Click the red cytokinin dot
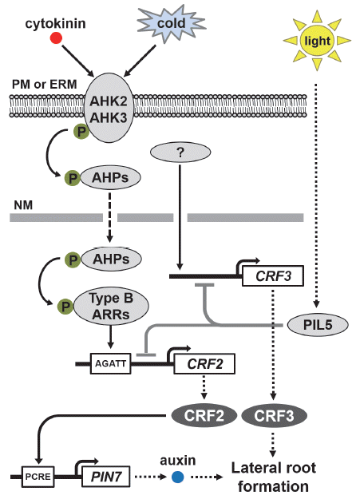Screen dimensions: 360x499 (x=56, y=38)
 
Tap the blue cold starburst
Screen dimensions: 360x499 (x=172, y=23)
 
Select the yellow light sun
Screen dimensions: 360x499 (x=317, y=41)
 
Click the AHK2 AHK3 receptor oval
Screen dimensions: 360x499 (x=109, y=109)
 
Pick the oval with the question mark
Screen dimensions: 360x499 (x=180, y=152)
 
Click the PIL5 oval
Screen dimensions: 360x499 (x=318, y=325)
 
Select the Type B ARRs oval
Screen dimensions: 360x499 (x=111, y=306)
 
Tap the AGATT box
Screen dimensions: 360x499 (x=110, y=363)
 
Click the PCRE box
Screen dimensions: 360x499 (x=38, y=477)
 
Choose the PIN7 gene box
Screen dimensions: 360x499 (x=106, y=477)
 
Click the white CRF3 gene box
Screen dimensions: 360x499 (x=273, y=276)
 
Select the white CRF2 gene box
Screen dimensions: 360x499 (x=204, y=363)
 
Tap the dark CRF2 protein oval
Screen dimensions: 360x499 (x=204, y=416)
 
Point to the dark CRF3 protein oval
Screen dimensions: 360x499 (x=274, y=416)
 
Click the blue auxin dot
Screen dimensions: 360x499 (x=178, y=477)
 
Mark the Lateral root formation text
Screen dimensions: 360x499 (x=274, y=477)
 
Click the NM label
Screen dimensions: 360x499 (x=23, y=205)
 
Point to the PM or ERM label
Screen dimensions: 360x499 (x=44, y=85)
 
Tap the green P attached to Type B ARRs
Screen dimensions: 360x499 (x=65, y=307)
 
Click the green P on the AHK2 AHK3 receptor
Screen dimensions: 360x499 (x=81, y=132)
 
